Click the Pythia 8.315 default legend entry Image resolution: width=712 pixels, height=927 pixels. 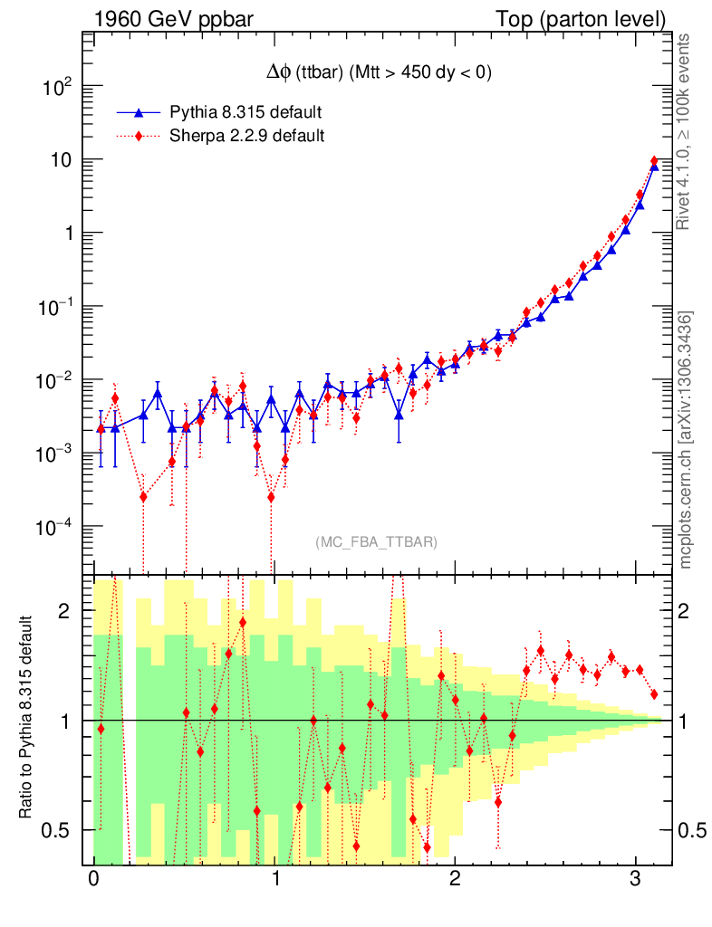click(x=245, y=112)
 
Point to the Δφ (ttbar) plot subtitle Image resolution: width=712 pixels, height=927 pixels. click(x=374, y=74)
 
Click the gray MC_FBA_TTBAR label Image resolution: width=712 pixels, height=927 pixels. click(x=377, y=542)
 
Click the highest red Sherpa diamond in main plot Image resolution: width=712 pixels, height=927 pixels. click(x=654, y=161)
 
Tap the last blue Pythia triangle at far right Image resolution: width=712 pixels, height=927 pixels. click(x=654, y=166)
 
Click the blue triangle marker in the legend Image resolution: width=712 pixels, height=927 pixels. click(x=139, y=112)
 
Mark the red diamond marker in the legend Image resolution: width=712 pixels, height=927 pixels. click(x=139, y=136)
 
